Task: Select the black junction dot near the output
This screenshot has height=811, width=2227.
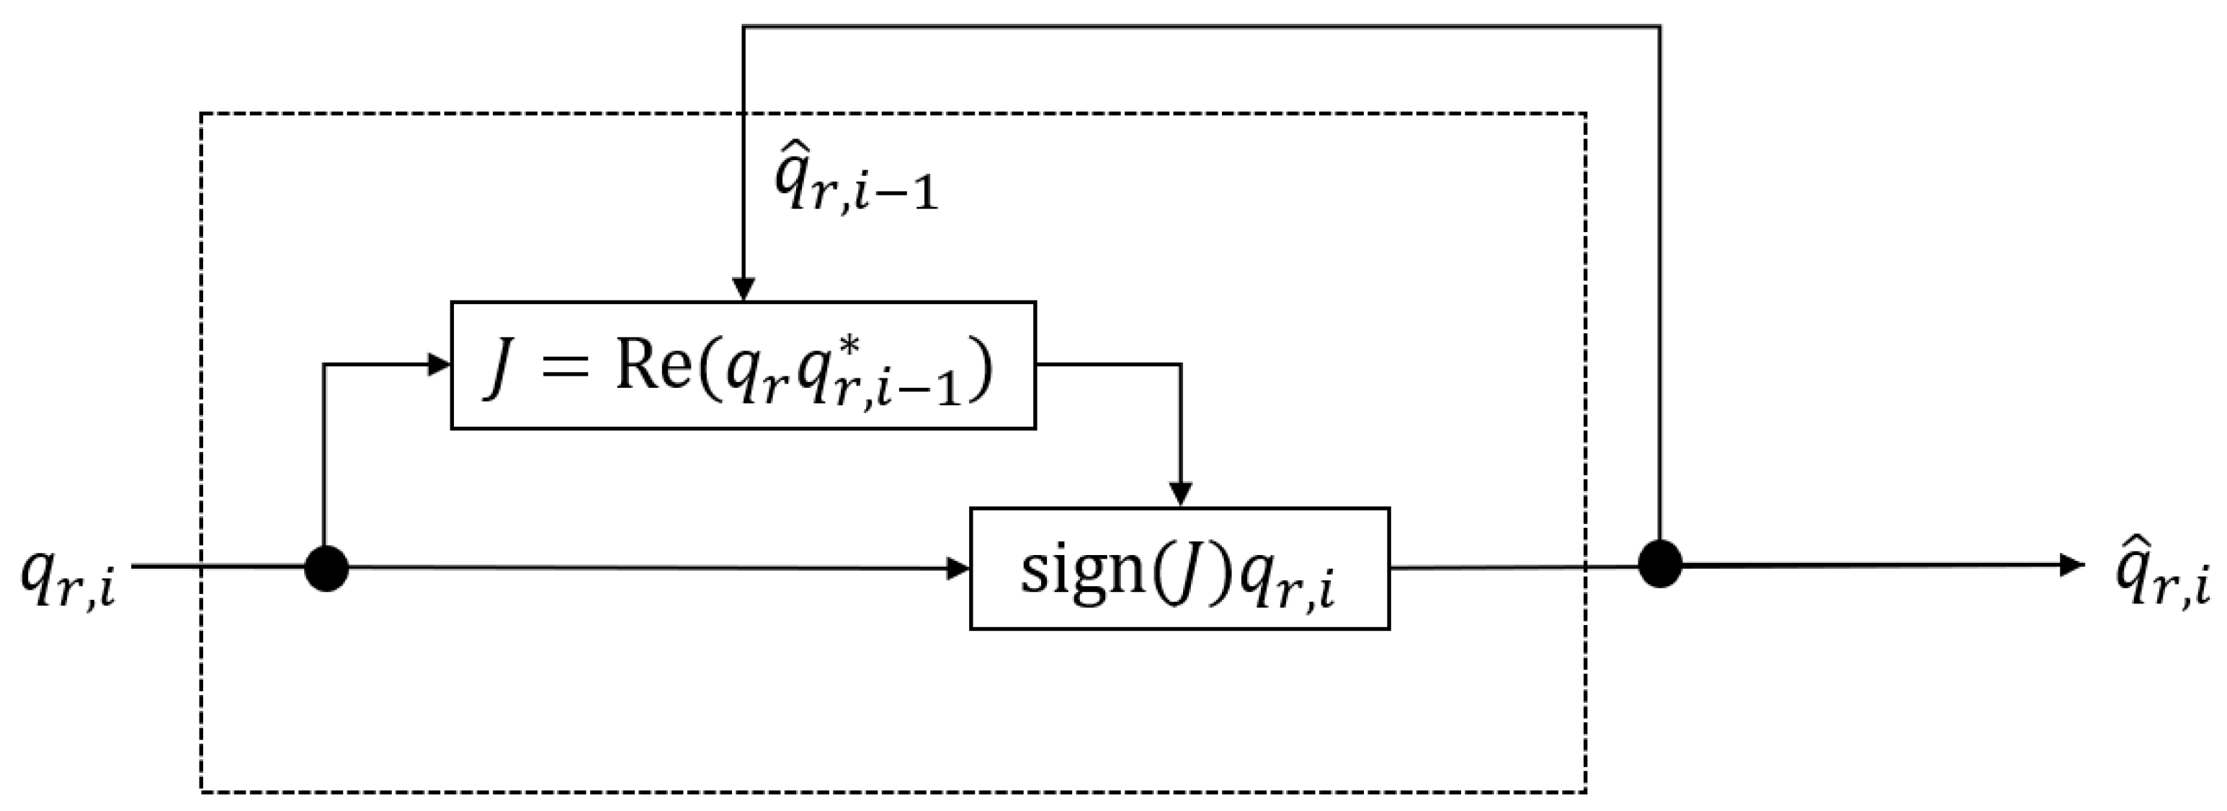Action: (1660, 564)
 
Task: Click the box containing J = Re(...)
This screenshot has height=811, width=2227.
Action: (743, 365)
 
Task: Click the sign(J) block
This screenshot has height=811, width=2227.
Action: (1179, 568)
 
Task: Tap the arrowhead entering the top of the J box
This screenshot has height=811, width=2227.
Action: (744, 290)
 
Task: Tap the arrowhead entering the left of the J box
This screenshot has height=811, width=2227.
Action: (440, 364)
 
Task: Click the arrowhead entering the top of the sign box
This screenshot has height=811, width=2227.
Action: (1180, 495)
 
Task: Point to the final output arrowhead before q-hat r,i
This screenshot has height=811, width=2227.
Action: (2073, 565)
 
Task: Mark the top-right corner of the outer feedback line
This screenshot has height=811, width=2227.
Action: (1660, 27)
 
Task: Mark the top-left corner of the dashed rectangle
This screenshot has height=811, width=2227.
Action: (202, 113)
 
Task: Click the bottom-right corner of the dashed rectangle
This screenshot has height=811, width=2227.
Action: (1586, 791)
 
